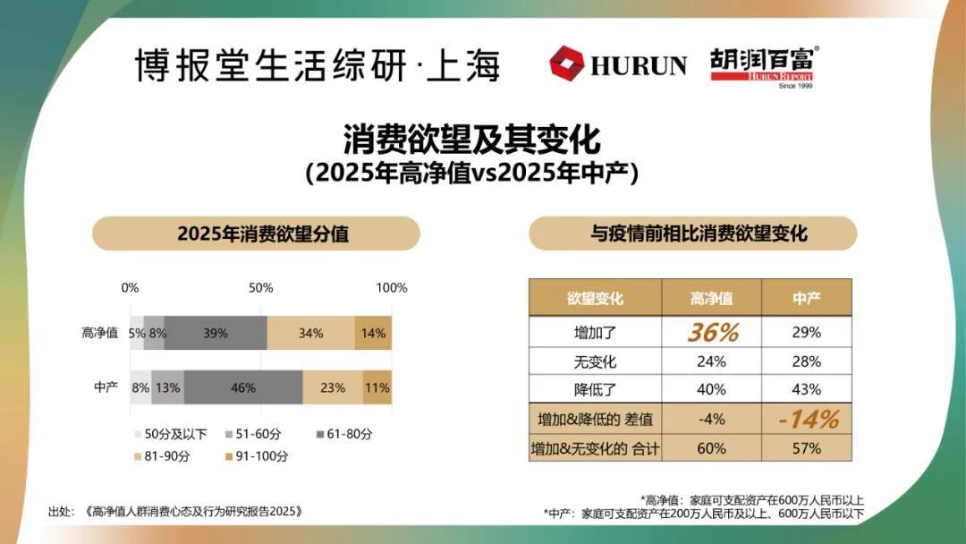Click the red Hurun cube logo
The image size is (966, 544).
(x=566, y=64)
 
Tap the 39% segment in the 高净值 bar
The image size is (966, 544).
(x=216, y=333)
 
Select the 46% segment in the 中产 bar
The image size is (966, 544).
(x=242, y=388)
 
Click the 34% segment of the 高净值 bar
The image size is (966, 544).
(x=310, y=333)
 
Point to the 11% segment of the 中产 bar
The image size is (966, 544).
(x=377, y=388)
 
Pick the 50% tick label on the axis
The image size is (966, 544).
(x=260, y=288)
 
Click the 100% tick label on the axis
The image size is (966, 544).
(x=391, y=288)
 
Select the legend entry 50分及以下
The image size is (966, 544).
(x=169, y=434)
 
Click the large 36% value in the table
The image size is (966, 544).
(x=712, y=332)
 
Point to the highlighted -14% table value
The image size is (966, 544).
(x=806, y=419)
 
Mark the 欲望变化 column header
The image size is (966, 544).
(x=595, y=298)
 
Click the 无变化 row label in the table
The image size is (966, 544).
(x=595, y=362)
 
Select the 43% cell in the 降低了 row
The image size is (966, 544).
(x=806, y=390)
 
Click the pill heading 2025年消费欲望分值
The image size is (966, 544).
(x=257, y=234)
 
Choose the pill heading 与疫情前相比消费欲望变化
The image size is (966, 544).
(x=693, y=234)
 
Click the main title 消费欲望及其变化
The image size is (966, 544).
(x=471, y=140)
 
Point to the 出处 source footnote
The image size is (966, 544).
(x=174, y=512)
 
